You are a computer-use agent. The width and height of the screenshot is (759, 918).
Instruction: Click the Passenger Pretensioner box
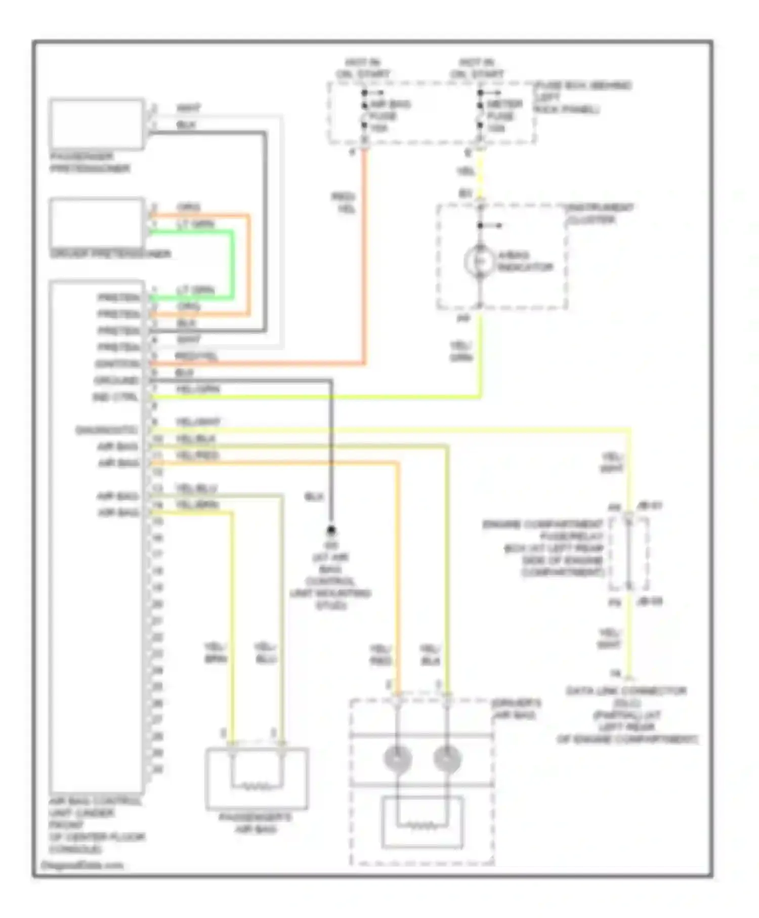pos(96,124)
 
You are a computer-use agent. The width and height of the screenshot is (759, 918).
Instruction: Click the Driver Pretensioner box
pos(96,223)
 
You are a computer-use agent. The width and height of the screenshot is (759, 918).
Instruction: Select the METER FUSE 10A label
pos(503,116)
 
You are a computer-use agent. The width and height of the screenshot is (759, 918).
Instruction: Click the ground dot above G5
pos(331,530)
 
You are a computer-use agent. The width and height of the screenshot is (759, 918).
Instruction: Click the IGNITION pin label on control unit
pos(117,364)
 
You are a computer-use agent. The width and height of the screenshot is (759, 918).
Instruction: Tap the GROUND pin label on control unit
pos(117,380)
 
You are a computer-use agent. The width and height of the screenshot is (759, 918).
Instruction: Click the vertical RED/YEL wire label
pos(344,202)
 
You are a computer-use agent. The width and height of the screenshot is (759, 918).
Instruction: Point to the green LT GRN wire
pos(232,263)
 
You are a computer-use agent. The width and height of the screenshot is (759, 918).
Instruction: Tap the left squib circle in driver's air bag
pos(397,759)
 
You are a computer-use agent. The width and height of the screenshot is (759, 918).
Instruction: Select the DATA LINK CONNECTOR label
pos(626,691)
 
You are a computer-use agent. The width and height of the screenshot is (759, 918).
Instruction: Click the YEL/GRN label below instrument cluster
pos(461,352)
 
